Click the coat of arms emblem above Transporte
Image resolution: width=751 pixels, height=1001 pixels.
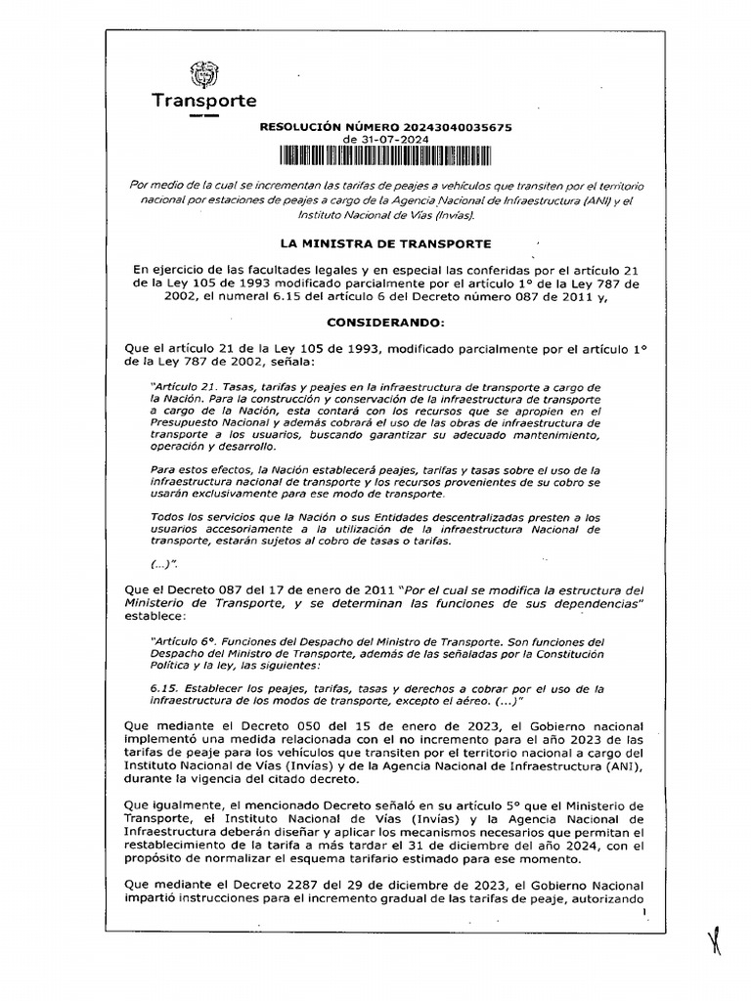[204, 75]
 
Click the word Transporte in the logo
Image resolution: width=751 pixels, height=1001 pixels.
[203, 101]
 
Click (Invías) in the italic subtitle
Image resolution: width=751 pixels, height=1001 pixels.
[449, 214]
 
